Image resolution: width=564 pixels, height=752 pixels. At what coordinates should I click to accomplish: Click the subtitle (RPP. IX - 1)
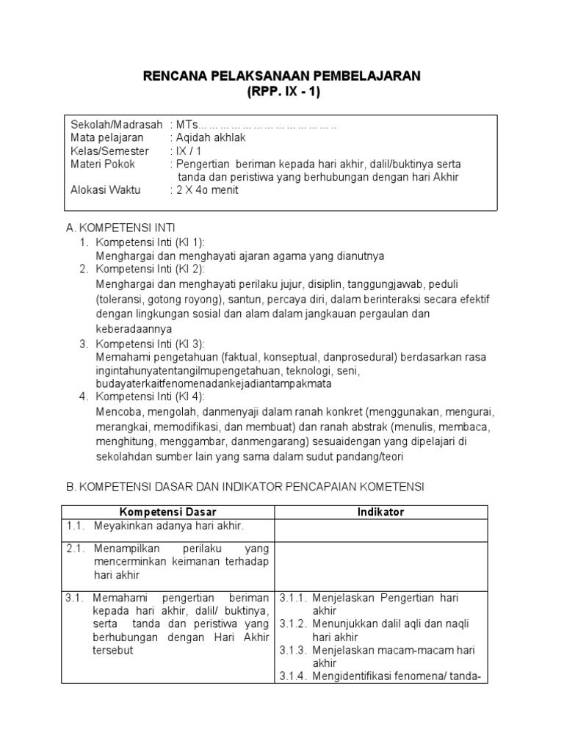click(283, 92)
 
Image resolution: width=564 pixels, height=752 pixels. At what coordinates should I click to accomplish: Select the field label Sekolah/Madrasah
click(116, 124)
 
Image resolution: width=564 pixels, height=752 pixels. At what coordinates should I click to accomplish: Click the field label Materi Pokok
click(103, 164)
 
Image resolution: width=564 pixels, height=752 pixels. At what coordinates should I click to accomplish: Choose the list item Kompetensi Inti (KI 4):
click(151, 397)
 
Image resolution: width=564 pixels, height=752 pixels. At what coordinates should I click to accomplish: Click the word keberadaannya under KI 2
click(134, 328)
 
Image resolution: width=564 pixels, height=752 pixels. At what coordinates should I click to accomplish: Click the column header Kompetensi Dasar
click(168, 512)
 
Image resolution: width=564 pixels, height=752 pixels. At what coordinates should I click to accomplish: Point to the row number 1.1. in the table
click(76, 526)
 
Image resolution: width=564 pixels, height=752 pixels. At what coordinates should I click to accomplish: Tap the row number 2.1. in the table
click(76, 549)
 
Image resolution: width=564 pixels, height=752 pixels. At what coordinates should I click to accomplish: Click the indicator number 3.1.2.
click(294, 624)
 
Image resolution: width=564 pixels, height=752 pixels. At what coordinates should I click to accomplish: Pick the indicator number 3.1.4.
click(294, 676)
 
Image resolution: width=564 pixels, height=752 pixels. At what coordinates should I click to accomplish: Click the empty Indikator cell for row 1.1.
click(382, 529)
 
